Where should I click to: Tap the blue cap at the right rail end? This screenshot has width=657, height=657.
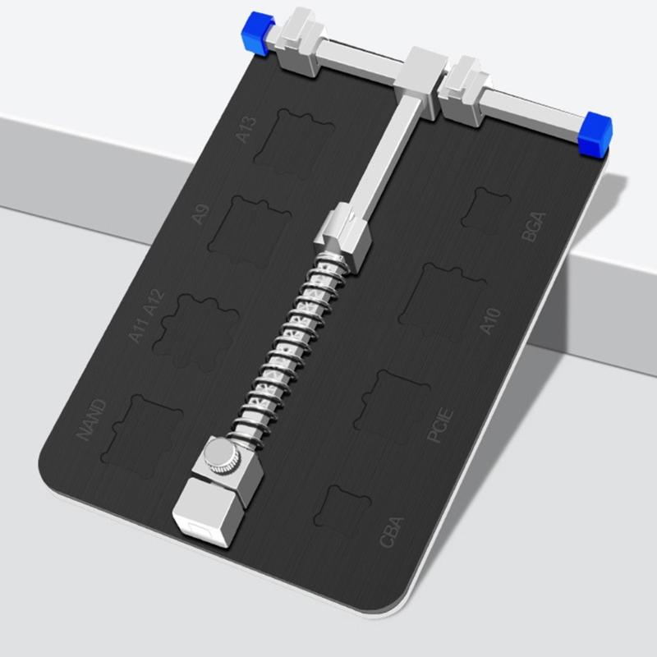click(595, 133)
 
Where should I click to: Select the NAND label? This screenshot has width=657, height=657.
click(92, 420)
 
